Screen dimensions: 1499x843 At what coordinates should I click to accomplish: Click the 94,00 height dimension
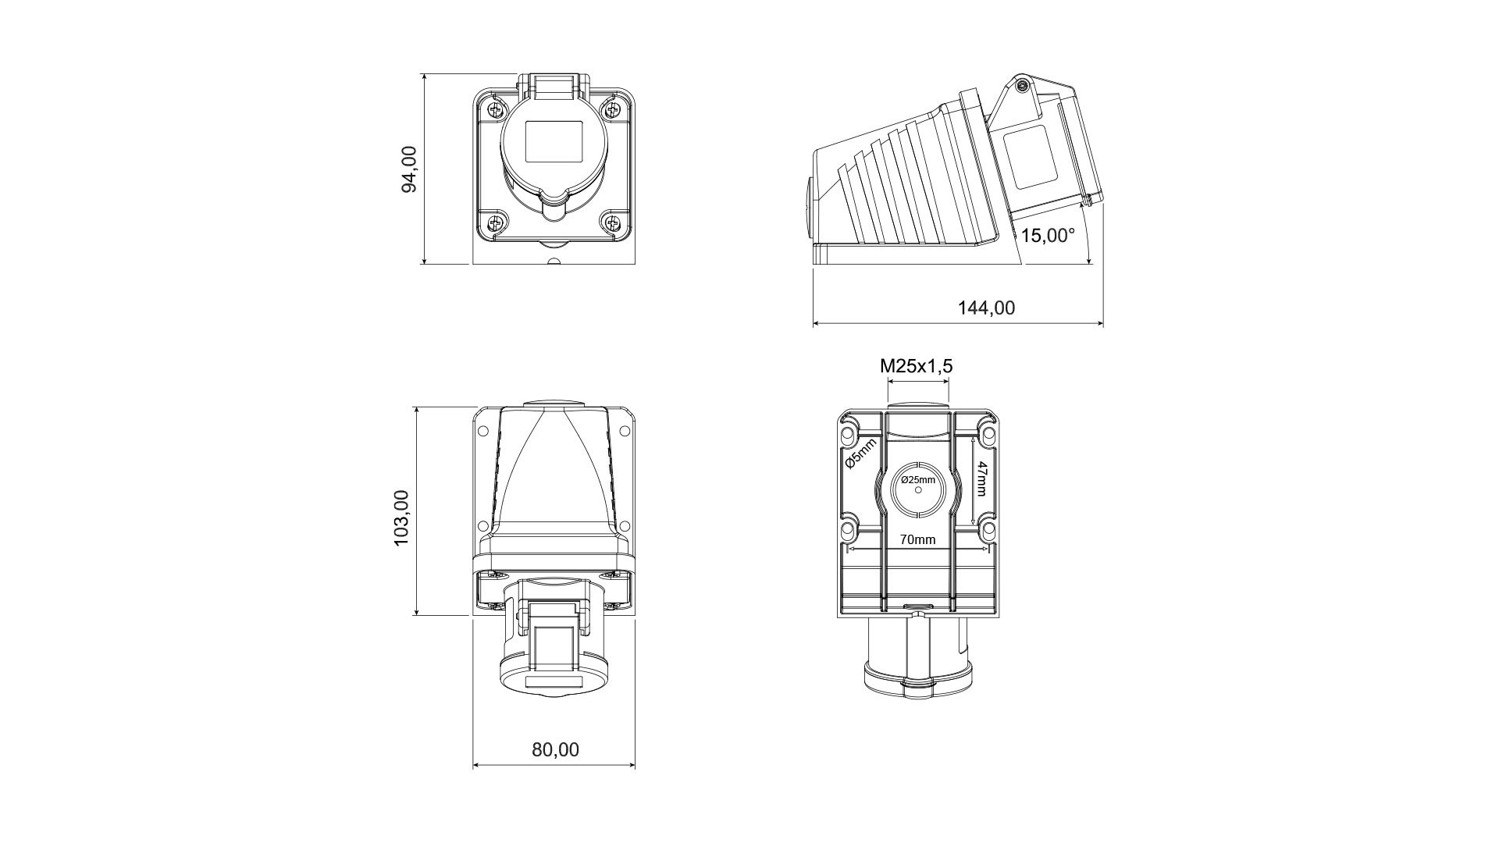(x=409, y=169)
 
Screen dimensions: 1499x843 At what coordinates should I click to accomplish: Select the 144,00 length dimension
(x=986, y=308)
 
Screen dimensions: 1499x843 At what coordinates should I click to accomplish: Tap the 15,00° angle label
(x=1048, y=235)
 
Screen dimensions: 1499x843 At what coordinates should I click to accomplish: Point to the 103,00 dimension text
(x=401, y=518)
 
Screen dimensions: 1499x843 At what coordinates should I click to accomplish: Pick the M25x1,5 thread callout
(x=917, y=366)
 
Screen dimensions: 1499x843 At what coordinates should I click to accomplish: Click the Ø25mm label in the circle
(x=918, y=480)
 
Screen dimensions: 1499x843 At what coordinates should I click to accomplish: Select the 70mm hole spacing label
(x=917, y=539)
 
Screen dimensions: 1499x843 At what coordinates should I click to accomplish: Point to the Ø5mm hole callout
(x=862, y=454)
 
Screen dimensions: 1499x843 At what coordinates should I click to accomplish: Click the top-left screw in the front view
(x=494, y=108)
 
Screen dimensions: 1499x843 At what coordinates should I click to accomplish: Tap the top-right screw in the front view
(x=613, y=108)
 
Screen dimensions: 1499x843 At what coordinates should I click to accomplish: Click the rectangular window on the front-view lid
(x=554, y=141)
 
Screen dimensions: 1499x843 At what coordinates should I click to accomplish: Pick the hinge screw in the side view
(x=1021, y=86)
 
